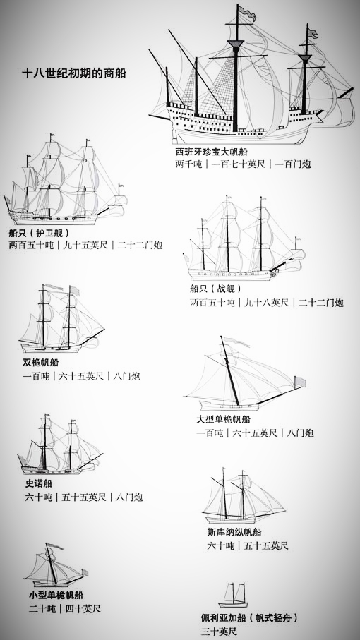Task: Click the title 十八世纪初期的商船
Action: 74,73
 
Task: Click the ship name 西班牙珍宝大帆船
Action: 212,152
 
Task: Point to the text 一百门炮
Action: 293,164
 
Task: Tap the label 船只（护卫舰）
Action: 40,233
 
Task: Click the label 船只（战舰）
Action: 216,289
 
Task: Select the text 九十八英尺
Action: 267,303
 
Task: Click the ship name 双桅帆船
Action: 40,362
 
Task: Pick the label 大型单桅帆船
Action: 223,420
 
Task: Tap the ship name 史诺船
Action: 39,483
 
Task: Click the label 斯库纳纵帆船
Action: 234,532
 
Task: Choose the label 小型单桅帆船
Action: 56,595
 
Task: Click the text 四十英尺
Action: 83,609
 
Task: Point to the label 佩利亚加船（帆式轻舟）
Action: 249,618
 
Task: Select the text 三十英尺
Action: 219,632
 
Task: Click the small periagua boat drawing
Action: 234,596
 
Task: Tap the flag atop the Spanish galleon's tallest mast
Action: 247,12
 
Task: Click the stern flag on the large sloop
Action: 300,382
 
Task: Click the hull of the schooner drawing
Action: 231,520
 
